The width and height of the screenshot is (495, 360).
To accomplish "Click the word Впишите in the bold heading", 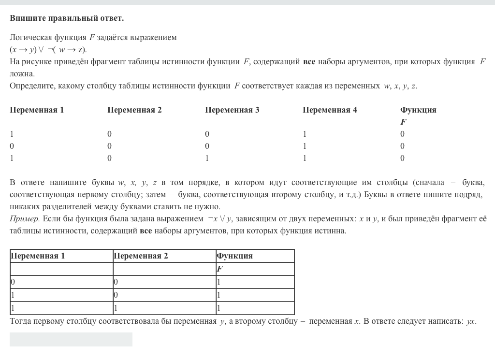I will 28,18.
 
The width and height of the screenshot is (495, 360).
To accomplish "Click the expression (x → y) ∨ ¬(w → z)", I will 48,49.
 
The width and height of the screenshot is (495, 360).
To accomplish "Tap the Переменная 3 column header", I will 232,110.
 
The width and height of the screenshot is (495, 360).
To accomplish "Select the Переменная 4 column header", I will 330,110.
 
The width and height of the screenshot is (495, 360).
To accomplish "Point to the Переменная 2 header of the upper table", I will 134,110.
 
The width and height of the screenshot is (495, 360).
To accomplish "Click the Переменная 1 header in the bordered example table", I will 38,256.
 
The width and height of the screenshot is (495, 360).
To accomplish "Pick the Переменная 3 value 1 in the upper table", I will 207,158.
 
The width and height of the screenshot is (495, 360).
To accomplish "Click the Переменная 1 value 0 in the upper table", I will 12,146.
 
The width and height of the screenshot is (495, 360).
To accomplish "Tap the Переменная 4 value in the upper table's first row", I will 305,134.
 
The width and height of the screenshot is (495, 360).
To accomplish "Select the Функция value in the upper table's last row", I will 402,158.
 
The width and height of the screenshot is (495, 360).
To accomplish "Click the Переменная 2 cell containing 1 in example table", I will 116,308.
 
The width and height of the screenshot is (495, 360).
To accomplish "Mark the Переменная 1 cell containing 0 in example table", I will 13,282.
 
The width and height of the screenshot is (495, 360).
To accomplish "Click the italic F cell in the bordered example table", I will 219,269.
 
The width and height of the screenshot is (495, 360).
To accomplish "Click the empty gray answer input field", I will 71,339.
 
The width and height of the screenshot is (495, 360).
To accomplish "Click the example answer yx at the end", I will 470,321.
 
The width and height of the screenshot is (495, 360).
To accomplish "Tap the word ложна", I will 22,74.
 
